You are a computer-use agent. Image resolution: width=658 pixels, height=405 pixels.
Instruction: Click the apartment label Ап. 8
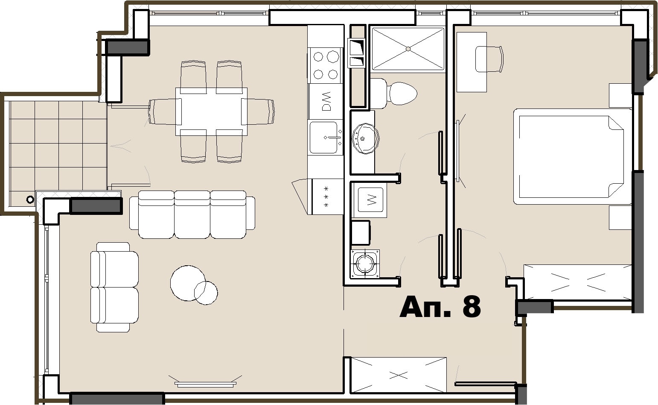440,307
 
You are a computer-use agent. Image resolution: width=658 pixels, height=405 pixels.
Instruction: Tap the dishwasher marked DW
326,102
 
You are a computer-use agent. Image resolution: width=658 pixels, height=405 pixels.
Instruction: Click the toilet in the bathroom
393,94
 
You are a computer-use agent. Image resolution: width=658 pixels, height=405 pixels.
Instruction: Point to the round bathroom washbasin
365,138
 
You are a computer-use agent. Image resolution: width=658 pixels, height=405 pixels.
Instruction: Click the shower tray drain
408,49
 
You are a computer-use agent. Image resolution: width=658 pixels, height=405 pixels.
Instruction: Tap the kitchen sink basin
323,138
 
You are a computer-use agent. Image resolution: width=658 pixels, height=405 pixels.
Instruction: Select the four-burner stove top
325,65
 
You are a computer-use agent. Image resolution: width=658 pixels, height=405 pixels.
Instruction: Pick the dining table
212,112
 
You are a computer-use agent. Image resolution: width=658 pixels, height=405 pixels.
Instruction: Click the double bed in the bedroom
573,156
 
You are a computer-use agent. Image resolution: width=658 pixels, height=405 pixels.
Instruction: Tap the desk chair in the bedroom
489,59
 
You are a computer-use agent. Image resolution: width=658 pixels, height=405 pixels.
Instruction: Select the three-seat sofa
192,214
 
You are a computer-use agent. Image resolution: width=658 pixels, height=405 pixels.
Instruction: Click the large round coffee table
188,283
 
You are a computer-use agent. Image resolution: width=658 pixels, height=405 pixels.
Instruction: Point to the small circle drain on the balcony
30,200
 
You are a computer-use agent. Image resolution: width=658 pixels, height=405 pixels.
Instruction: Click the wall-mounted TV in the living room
205,383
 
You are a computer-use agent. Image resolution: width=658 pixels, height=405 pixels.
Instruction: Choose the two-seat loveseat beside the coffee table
114,288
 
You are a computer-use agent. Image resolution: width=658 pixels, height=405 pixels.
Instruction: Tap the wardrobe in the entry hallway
399,375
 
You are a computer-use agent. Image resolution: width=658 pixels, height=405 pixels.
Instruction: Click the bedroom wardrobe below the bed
577,282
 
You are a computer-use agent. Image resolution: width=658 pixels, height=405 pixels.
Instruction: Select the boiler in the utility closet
364,264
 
